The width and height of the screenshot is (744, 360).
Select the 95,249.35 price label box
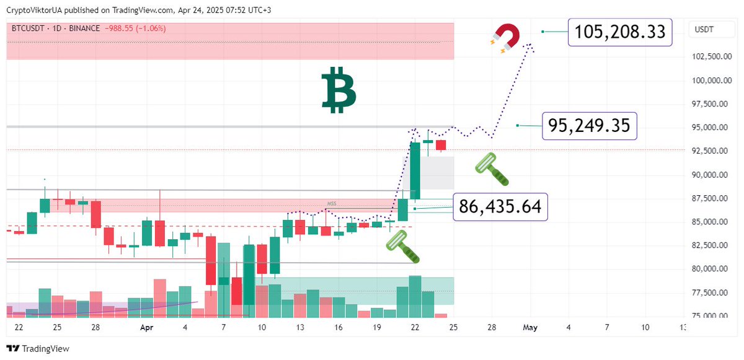pyautogui.click(x=589, y=126)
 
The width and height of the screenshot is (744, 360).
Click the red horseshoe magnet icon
pyautogui.click(x=505, y=37)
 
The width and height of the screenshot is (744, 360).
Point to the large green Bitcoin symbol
pyautogui.click(x=339, y=90)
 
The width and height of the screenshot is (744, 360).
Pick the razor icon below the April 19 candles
pyautogui.click(x=403, y=246)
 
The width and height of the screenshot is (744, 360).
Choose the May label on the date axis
pyautogui.click(x=529, y=327)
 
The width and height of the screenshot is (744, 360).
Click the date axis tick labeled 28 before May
pyautogui.click(x=492, y=327)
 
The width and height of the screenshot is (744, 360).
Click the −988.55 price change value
pyautogui.click(x=123, y=29)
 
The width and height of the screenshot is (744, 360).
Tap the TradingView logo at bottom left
pyautogui.click(x=38, y=349)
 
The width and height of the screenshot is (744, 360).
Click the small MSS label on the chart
pyautogui.click(x=332, y=204)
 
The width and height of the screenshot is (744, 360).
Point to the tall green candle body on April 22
pyautogui.click(x=415, y=170)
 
